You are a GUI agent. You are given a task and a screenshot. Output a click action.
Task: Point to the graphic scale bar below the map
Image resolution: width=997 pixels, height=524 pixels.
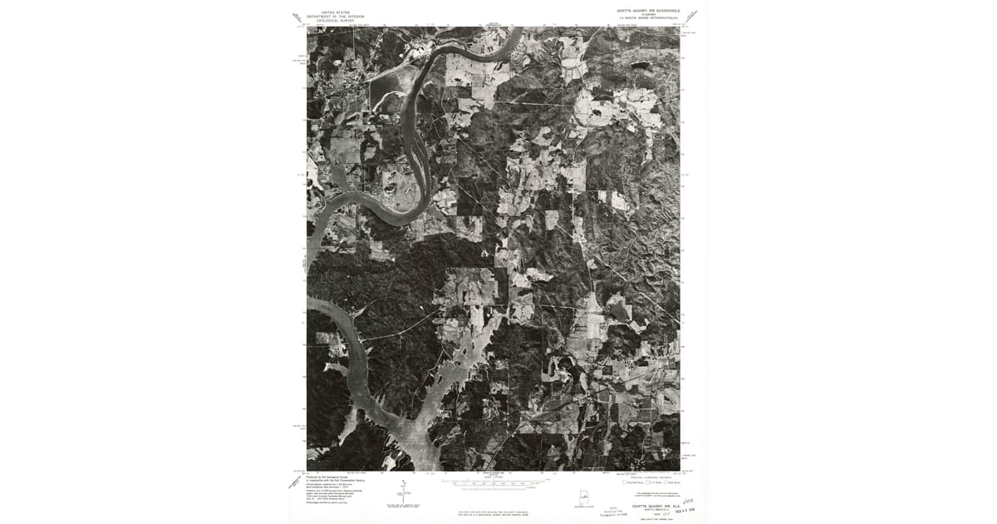494,482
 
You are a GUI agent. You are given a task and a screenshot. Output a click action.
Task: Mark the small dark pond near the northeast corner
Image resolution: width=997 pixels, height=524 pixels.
640,64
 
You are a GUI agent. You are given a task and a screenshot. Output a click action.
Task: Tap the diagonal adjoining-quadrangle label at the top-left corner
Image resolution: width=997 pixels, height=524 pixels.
297,17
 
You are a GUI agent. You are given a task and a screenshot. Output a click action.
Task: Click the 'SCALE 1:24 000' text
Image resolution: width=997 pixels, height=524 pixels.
494,475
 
